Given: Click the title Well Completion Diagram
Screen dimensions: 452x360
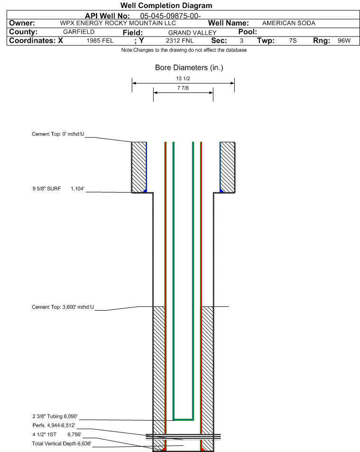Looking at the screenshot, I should pyautogui.click(x=166, y=6).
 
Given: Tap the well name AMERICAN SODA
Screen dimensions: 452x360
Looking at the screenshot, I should pyautogui.click(x=288, y=23).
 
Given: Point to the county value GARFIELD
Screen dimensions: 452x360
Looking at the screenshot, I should pyautogui.click(x=79, y=32).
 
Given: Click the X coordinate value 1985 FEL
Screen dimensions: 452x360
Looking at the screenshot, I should pyautogui.click(x=100, y=41).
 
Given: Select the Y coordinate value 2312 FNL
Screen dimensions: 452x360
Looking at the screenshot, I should pyautogui.click(x=180, y=41).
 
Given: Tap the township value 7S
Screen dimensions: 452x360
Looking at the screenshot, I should pyautogui.click(x=293, y=41).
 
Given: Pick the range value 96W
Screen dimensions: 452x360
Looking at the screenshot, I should pyautogui.click(x=344, y=41).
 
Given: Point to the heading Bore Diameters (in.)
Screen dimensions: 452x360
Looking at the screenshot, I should pyautogui.click(x=189, y=68).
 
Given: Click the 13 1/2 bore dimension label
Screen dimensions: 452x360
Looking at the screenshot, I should pyautogui.click(x=183, y=79).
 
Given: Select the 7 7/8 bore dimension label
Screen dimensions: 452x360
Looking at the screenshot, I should pyautogui.click(x=183, y=88).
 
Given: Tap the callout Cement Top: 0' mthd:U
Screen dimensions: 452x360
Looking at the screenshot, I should pyautogui.click(x=58, y=134).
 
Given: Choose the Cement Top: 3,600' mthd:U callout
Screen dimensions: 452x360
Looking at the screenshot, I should pyautogui.click(x=63, y=307).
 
